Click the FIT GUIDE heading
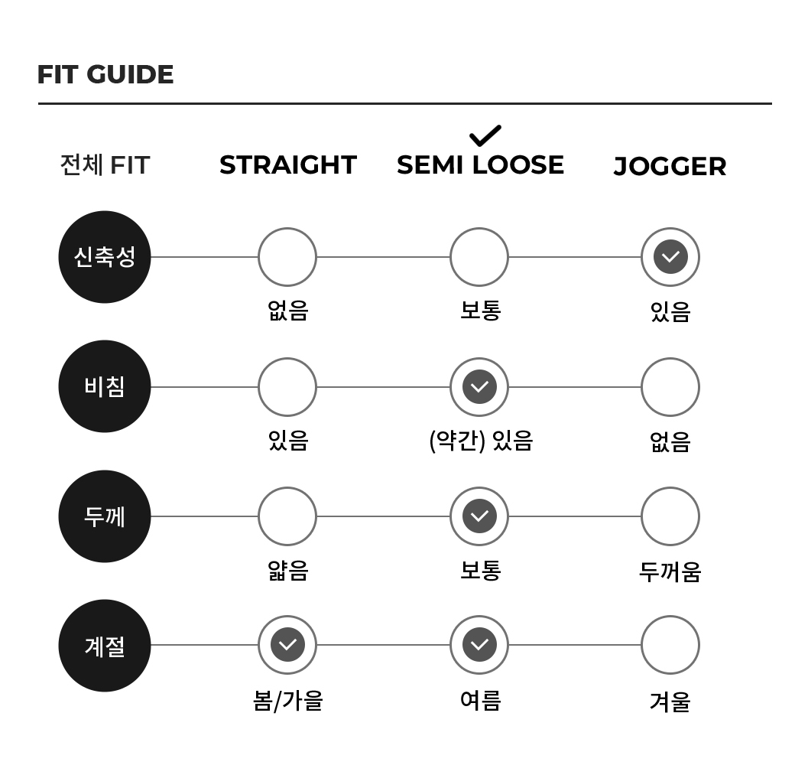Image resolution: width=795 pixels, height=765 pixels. [105, 74]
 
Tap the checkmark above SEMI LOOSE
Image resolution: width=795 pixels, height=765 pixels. [485, 135]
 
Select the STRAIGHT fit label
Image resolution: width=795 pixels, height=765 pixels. [288, 165]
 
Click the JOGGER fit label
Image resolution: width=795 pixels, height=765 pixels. [670, 167]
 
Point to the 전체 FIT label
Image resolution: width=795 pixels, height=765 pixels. [105, 165]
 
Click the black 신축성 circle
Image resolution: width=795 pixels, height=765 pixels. [105, 257]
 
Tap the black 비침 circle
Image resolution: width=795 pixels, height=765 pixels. [105, 386]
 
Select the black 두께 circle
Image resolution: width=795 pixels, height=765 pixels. [105, 516]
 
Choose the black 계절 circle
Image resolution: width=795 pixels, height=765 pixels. [105, 646]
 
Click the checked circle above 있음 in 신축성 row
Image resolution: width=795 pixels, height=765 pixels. [670, 257]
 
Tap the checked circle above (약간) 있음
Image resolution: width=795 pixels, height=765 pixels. [479, 386]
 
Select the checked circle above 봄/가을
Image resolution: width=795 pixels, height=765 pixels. [287, 645]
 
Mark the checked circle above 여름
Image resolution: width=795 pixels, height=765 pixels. [479, 645]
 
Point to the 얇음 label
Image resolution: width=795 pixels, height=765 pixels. [288, 570]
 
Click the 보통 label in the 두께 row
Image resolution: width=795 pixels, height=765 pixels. [480, 570]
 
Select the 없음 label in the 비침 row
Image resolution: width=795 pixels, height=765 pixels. [670, 441]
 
